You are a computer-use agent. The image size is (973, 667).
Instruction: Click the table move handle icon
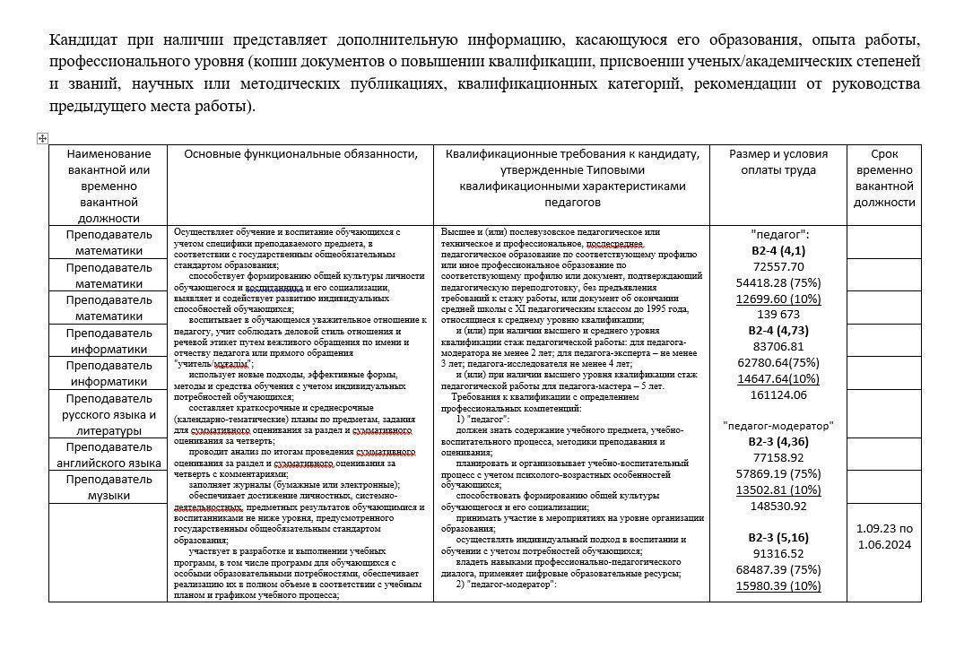(42, 138)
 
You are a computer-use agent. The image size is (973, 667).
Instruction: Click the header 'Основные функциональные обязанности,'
(300, 154)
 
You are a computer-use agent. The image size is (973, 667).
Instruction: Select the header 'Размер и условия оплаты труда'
(778, 161)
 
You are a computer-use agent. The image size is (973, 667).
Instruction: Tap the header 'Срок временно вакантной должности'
(883, 178)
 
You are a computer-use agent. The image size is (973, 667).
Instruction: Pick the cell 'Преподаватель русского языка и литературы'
(109, 414)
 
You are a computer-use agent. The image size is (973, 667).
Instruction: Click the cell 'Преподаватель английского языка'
(109, 455)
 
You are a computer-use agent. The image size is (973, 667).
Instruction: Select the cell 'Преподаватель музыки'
(109, 487)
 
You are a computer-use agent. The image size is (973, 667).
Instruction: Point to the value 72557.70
(778, 266)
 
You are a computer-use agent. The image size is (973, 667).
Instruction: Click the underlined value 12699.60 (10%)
(778, 299)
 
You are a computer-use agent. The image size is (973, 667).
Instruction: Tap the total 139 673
(778, 315)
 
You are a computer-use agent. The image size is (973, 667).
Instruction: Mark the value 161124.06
(778, 394)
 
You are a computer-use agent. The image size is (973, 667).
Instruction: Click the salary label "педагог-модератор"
(778, 426)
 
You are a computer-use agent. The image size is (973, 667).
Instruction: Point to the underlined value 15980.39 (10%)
(778, 585)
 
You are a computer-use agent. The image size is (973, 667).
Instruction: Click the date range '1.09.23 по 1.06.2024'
(883, 536)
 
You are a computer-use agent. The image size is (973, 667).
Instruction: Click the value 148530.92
(778, 506)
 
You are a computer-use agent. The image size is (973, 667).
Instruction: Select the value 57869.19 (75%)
(778, 473)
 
